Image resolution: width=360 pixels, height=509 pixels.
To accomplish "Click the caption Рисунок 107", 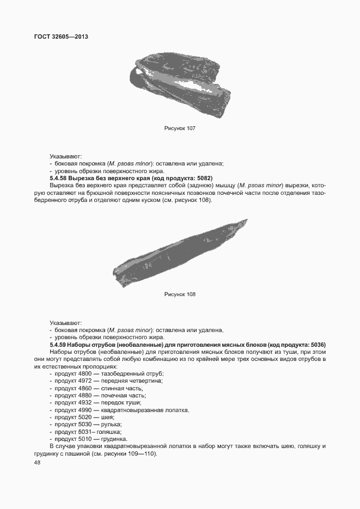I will (x=180, y=128).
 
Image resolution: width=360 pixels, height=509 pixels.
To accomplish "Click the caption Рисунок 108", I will (x=180, y=294).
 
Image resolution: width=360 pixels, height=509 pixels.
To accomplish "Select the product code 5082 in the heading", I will (x=203, y=179).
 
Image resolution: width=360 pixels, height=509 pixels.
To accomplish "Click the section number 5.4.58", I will (x=58, y=179).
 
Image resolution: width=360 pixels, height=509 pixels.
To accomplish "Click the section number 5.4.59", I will (x=58, y=345).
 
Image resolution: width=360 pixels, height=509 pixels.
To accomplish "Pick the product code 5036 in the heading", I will (x=316, y=345).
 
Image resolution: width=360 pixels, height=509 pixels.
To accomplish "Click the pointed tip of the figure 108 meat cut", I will (x=246, y=220).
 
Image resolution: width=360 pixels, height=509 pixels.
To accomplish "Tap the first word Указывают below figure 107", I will (x=65, y=156).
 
